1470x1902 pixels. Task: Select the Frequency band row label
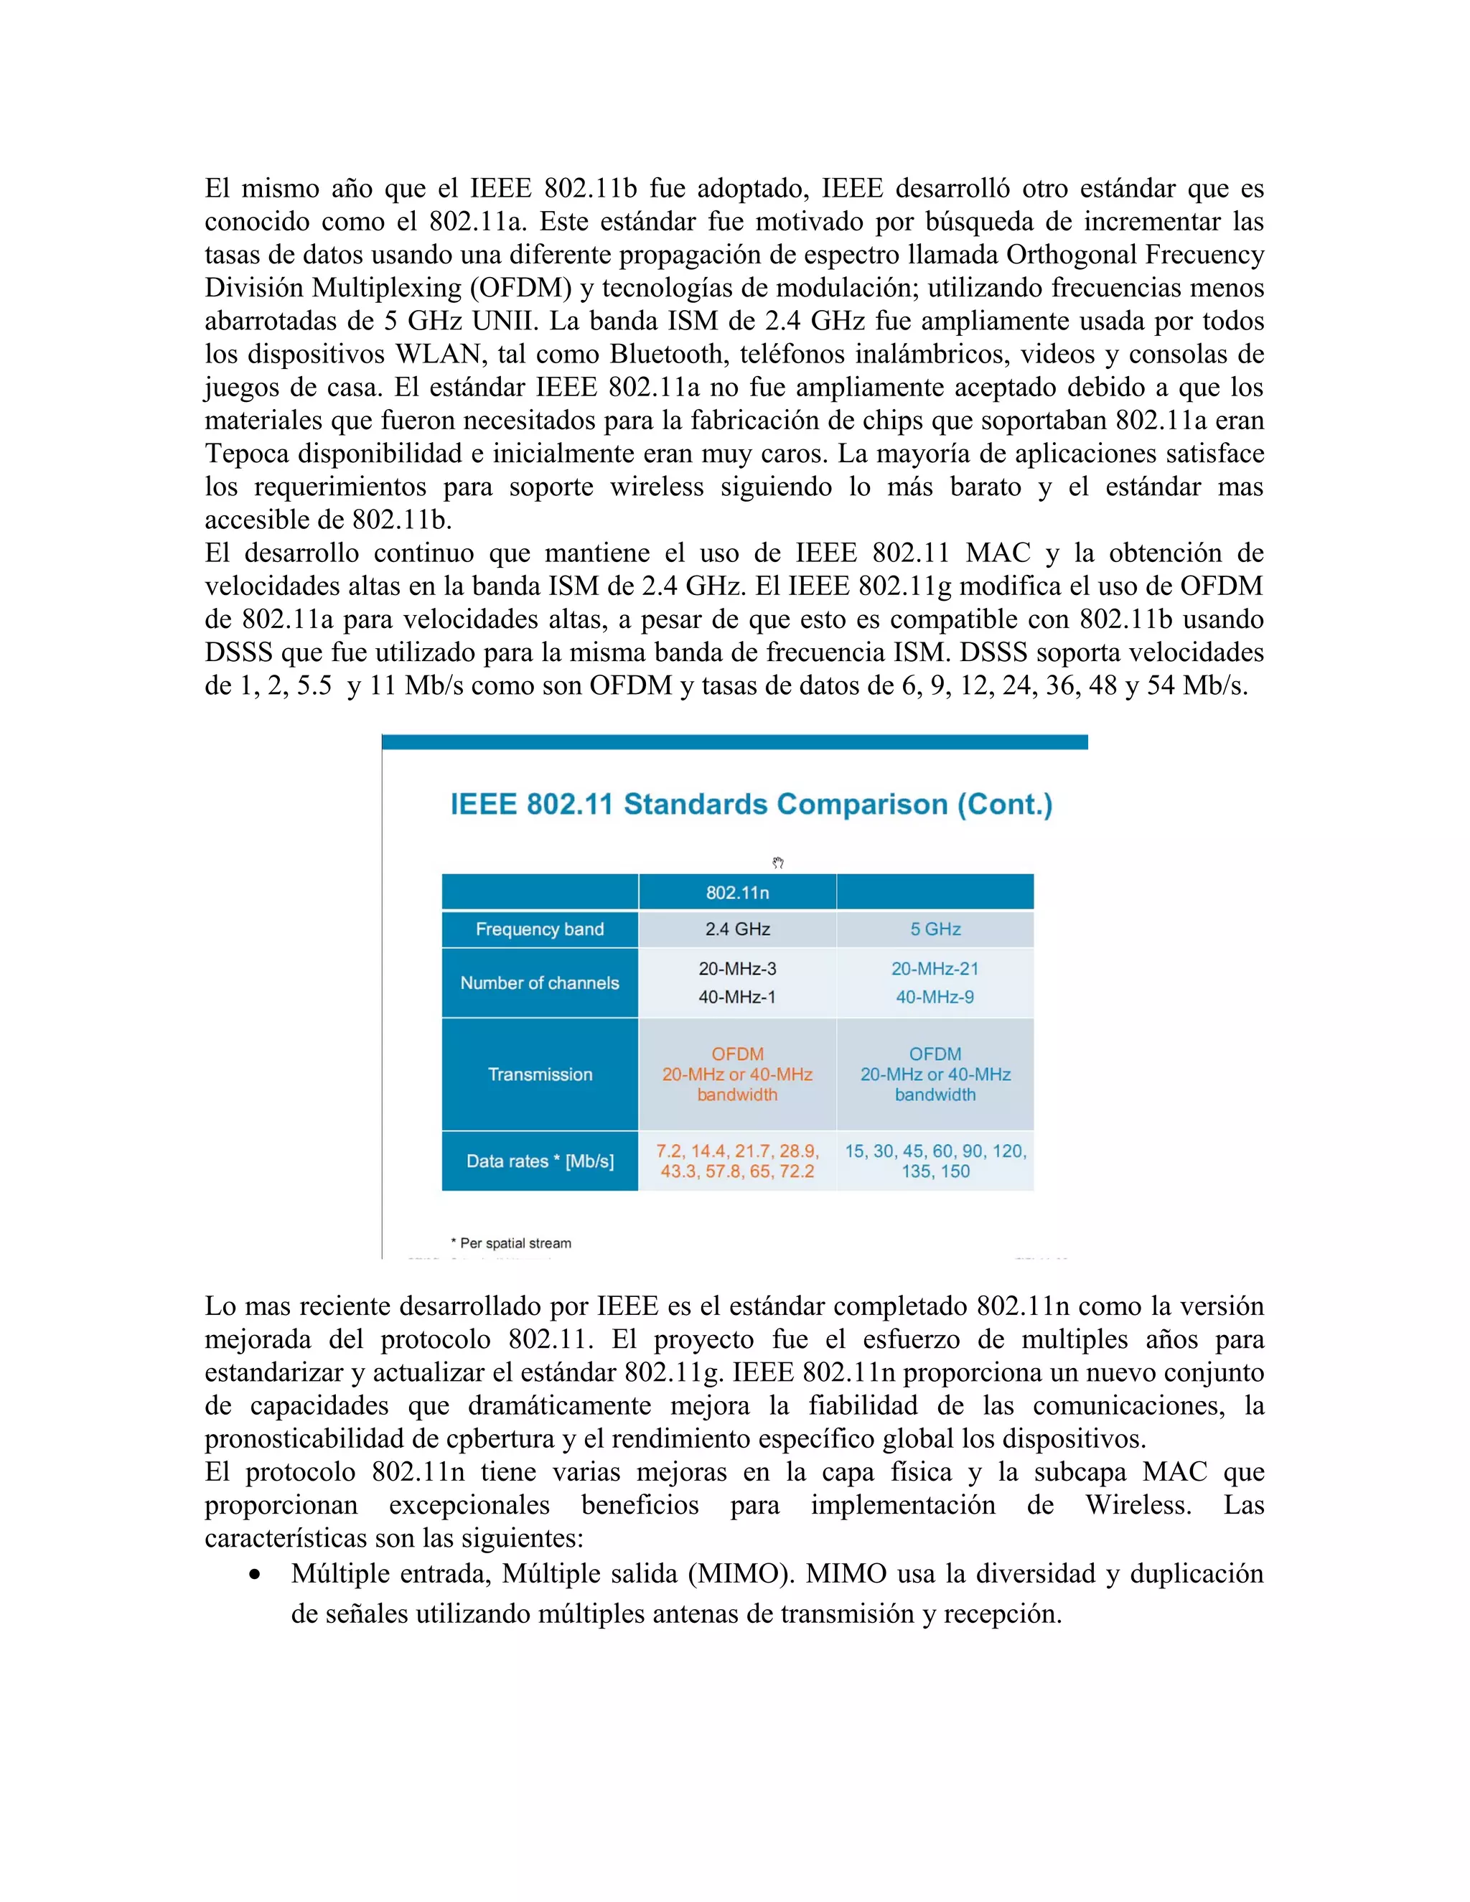(x=539, y=929)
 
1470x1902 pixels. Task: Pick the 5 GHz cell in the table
(x=935, y=929)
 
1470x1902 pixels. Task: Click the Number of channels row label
(x=539, y=983)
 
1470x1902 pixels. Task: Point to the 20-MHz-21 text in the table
(x=935, y=968)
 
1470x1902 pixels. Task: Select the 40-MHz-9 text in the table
(x=935, y=997)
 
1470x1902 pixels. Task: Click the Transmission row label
(x=539, y=1074)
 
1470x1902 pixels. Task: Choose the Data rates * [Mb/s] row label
(x=539, y=1161)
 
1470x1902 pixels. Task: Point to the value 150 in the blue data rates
(x=955, y=1171)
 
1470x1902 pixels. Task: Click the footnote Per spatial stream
(x=515, y=1244)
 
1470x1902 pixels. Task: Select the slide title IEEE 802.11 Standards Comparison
(x=751, y=804)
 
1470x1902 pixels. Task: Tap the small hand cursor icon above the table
(x=777, y=863)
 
